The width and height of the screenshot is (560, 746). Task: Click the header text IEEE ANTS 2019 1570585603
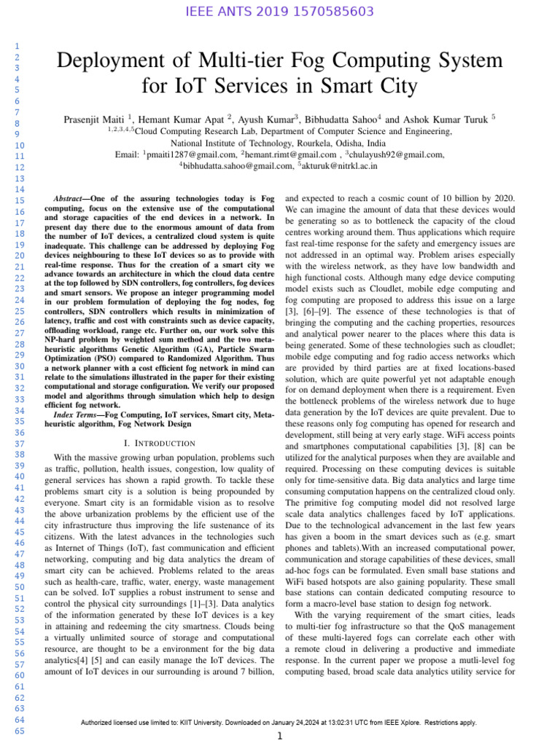pos(280,12)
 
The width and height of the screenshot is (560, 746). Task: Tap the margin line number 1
pos(15,47)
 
